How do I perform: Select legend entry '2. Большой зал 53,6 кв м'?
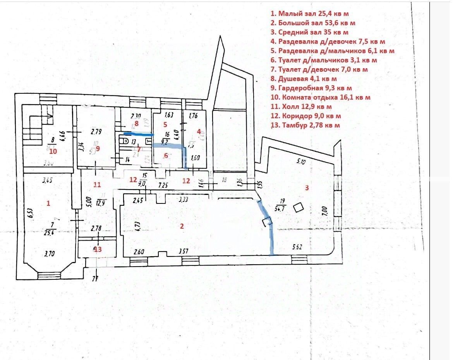pos(313,23)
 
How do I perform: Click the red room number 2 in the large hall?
pos(181,227)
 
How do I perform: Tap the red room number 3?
pos(307,188)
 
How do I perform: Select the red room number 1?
pos(48,203)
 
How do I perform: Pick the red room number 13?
pos(98,250)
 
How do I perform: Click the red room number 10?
pos(53,151)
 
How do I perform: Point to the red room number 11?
pos(97,185)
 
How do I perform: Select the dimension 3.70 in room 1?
pos(49,254)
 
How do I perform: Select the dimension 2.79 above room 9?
pos(96,132)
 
